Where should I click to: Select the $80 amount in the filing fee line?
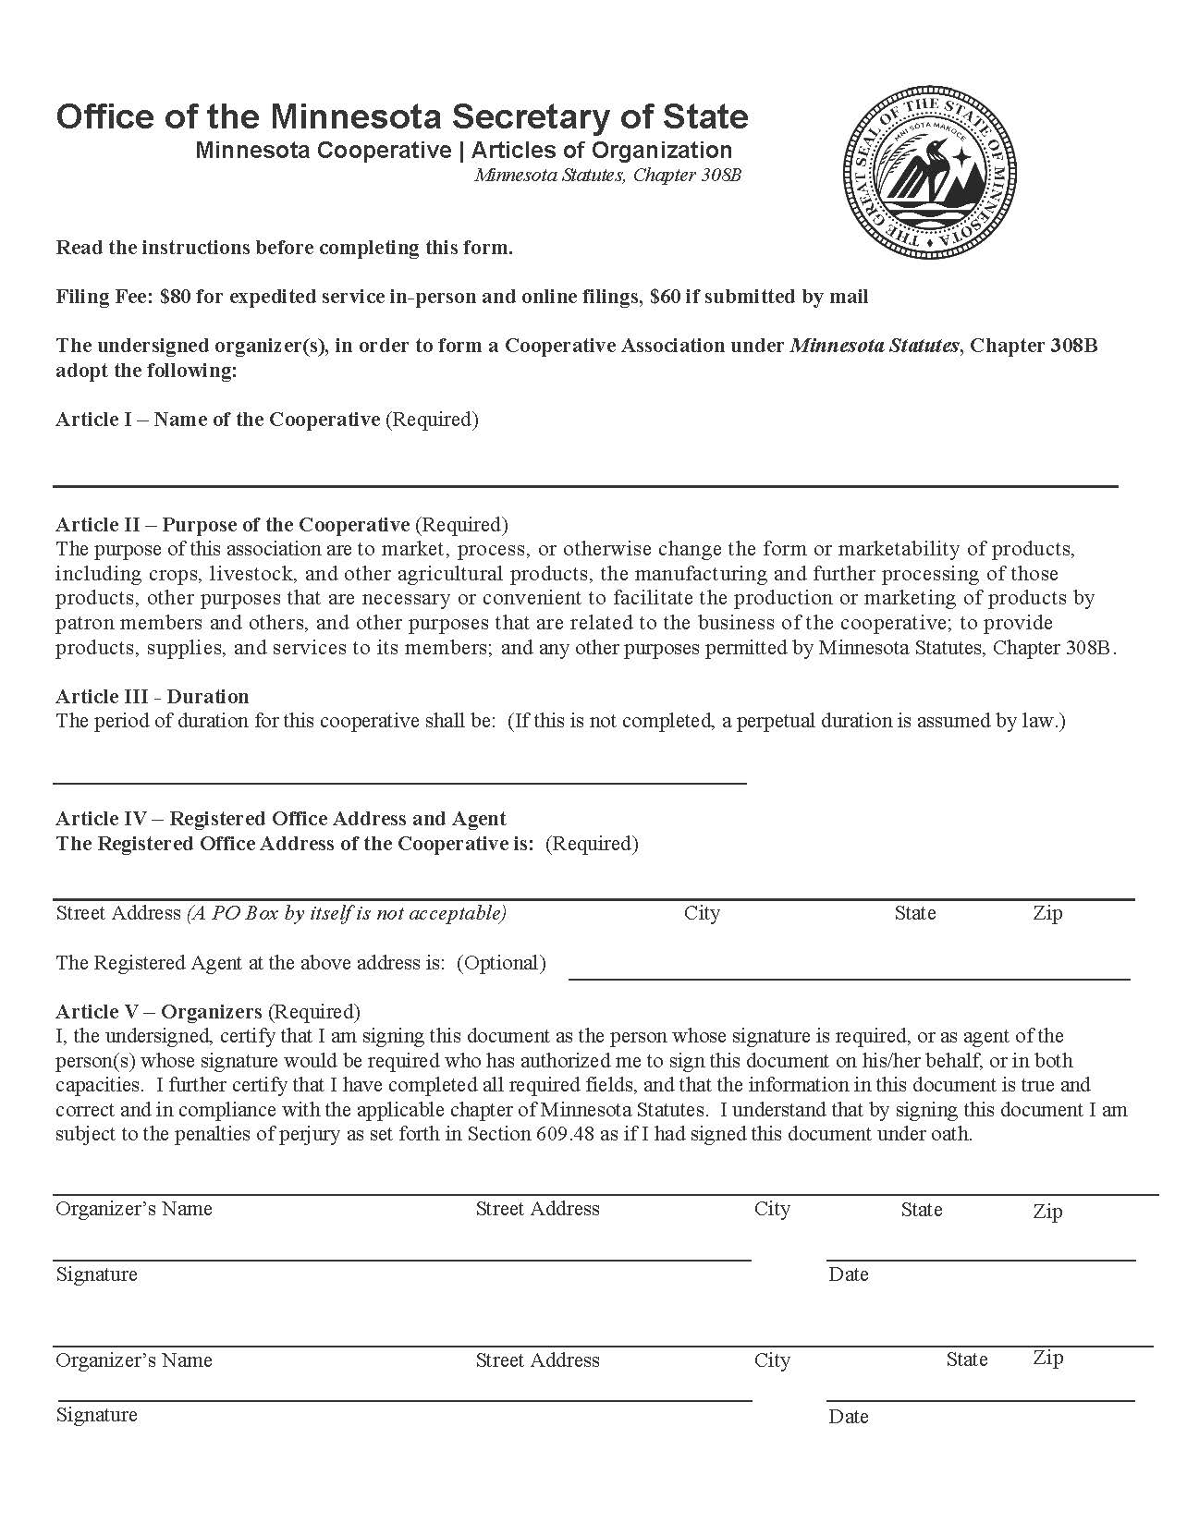[x=177, y=297]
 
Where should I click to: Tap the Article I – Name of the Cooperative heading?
[x=217, y=420]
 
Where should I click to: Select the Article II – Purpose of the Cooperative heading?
[x=232, y=525]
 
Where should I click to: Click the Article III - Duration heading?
[x=153, y=697]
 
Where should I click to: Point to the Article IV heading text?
[x=280, y=819]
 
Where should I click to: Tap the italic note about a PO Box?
[x=348, y=913]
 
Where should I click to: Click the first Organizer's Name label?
[x=134, y=1209]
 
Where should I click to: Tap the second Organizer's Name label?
[x=134, y=1360]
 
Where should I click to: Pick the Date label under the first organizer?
[x=848, y=1274]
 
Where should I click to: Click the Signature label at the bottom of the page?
[x=96, y=1415]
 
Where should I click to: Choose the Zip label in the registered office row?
[x=1047, y=913]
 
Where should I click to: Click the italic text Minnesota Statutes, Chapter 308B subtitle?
[x=607, y=175]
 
